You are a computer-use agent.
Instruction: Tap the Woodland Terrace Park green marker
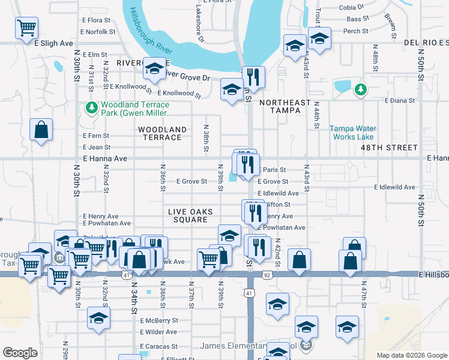tap(91, 108)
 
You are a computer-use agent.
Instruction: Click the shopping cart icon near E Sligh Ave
tap(26, 28)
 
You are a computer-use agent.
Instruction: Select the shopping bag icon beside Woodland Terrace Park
tap(41, 130)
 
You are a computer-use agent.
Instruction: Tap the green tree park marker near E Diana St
tap(360, 90)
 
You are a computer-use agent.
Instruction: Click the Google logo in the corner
tap(20, 353)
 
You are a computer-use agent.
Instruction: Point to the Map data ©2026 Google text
tap(412, 355)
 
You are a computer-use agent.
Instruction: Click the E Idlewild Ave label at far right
tap(394, 187)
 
